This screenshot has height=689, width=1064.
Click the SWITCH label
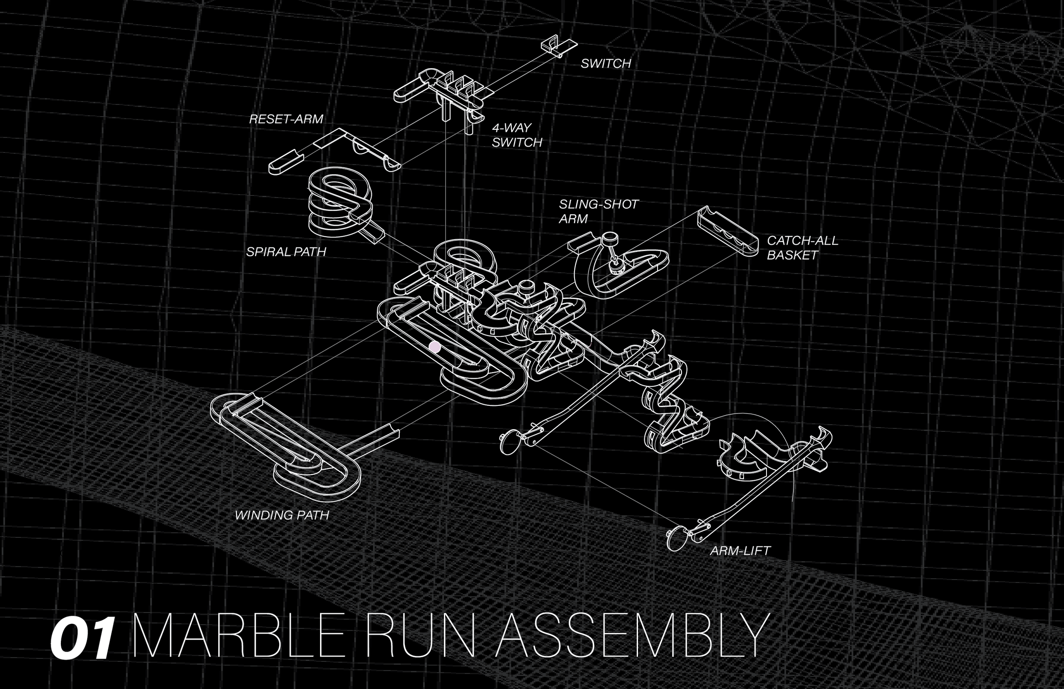pos(606,63)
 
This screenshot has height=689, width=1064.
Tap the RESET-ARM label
pos(286,119)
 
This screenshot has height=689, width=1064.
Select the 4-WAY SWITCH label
pos(517,135)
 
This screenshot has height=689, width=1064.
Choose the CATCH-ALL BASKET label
pos(803,248)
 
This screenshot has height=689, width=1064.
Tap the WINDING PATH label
pos(282,515)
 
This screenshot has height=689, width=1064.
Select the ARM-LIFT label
pos(740,550)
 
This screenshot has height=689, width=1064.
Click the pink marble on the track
pos(435,347)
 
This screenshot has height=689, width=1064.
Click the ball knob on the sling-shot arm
pos(609,238)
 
